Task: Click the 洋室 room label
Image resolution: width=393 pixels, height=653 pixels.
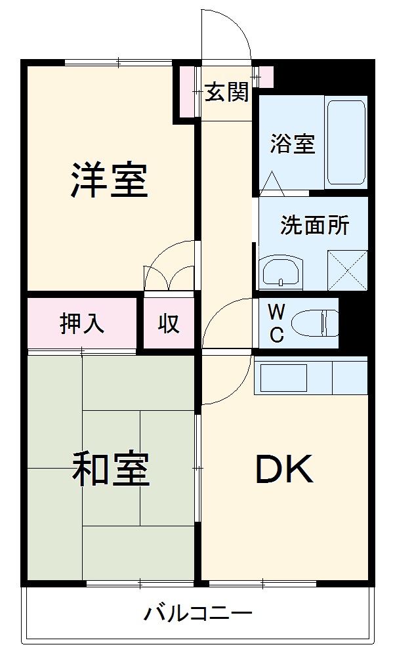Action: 110,179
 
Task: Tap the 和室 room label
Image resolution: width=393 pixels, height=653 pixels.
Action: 110,469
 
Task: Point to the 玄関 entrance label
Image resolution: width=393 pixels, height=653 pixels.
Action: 227,93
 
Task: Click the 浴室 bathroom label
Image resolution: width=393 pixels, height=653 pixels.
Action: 293,144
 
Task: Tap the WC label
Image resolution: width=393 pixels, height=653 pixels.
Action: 276,322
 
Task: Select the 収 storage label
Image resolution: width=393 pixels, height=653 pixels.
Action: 168,324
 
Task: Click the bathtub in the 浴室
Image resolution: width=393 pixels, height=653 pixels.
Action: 346,143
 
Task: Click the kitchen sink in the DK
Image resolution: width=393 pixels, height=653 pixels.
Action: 284,377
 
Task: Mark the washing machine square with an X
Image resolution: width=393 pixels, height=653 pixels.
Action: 346,270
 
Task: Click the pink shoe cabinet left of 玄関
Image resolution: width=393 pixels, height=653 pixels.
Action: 188,93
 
